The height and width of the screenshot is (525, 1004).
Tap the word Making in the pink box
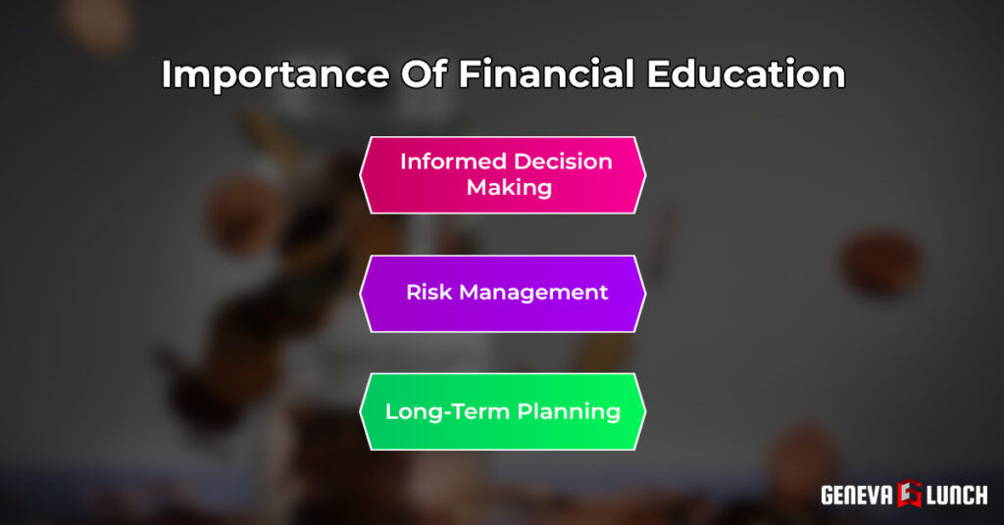[x=509, y=187]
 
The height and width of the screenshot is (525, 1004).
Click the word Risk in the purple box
[x=428, y=292]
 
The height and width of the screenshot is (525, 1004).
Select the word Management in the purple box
[x=534, y=292]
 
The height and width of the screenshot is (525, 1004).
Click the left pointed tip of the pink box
[x=361, y=174]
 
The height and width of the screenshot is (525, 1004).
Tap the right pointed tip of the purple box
[x=646, y=293]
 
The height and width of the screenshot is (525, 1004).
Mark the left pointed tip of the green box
[x=361, y=411]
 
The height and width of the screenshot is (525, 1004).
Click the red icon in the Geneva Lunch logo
[x=908, y=495]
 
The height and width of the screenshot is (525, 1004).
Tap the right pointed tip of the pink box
[x=646, y=174]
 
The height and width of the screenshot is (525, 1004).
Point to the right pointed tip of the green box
[x=646, y=411]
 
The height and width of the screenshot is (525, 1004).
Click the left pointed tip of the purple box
[x=361, y=293]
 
